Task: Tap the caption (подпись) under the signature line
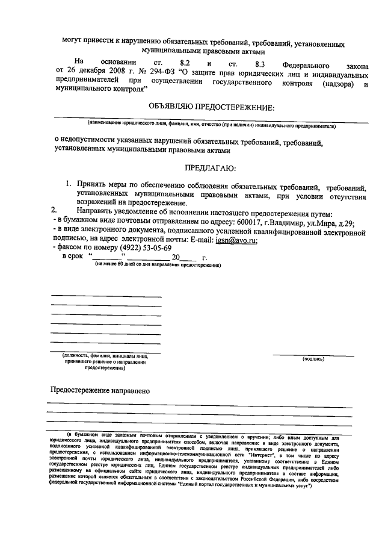(x=313, y=359)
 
